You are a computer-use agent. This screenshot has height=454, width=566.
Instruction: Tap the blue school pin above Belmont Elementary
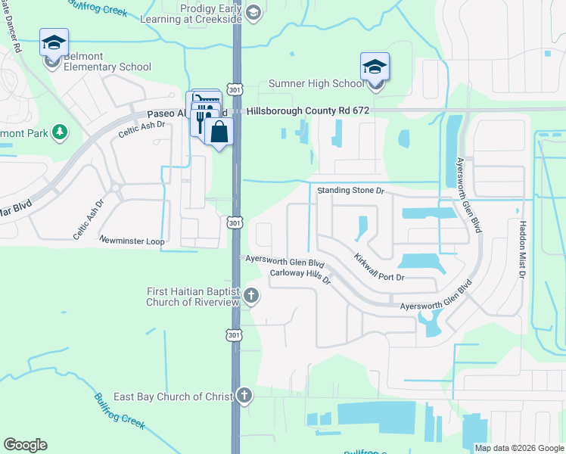[54, 42]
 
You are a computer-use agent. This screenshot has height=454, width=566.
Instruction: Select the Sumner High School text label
[316, 84]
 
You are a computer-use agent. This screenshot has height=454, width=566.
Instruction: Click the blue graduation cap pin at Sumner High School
[375, 67]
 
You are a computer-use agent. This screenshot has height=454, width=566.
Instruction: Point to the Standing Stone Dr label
[351, 190]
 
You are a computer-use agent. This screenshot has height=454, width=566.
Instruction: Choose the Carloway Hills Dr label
[300, 276]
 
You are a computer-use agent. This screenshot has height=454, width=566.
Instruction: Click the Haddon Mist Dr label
[522, 250]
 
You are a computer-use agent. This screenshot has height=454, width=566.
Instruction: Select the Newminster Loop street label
[132, 241]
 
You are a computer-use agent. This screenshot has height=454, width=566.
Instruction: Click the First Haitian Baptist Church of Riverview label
[193, 297]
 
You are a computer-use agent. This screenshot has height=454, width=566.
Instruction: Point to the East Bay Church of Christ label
[173, 396]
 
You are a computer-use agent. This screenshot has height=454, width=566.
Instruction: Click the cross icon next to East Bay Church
[244, 396]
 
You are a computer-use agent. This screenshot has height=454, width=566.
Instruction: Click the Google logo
[25, 445]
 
